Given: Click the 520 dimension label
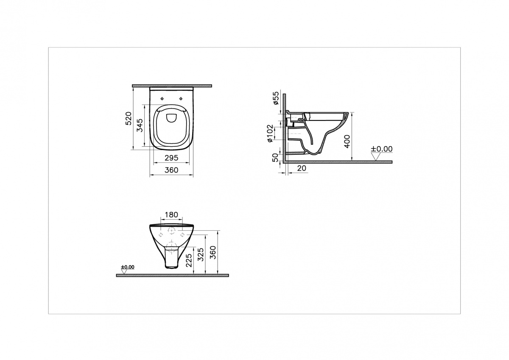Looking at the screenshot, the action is pyautogui.click(x=129, y=118).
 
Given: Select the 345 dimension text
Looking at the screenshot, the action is pyautogui.click(x=140, y=125).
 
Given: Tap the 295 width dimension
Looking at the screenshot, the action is pyautogui.click(x=171, y=158).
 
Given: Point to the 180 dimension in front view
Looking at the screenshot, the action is pyautogui.click(x=171, y=215).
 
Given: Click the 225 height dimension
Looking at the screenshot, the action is pyautogui.click(x=189, y=260).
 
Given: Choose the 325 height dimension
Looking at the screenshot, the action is pyautogui.click(x=201, y=254).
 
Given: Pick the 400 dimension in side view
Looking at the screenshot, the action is pyautogui.click(x=347, y=141).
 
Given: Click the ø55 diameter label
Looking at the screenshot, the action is pyautogui.click(x=276, y=98).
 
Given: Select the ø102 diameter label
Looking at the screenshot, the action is pyautogui.click(x=270, y=133).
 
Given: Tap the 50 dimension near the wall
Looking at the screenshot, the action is pyautogui.click(x=275, y=158).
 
